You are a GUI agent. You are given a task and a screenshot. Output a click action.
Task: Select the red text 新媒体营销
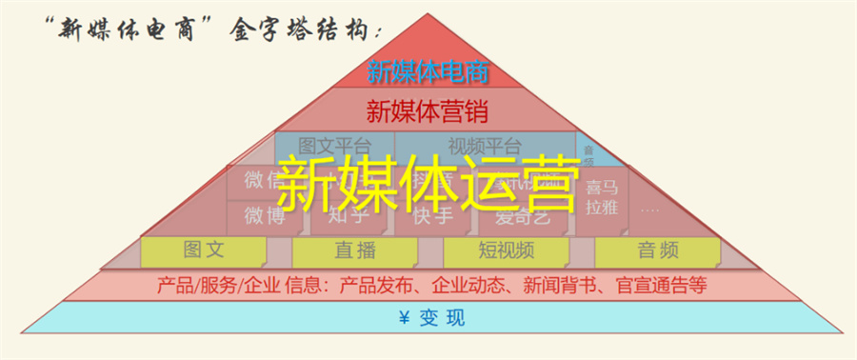coord(428,110)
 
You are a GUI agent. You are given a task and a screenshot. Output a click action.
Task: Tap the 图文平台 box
coord(333,146)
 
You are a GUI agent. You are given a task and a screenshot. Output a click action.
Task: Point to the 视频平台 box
coord(485,146)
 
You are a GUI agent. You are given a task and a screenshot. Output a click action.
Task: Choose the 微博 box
coord(264,216)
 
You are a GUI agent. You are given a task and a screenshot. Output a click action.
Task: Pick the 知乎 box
coord(349,216)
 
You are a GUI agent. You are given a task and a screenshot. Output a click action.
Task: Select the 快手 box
coord(433,216)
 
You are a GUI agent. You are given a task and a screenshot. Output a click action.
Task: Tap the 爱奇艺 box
coord(523,216)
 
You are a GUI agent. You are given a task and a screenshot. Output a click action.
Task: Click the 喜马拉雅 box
coord(601,197)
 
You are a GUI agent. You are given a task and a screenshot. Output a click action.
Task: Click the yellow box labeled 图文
coord(203,250)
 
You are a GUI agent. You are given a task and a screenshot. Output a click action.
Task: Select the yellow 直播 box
coord(353,250)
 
